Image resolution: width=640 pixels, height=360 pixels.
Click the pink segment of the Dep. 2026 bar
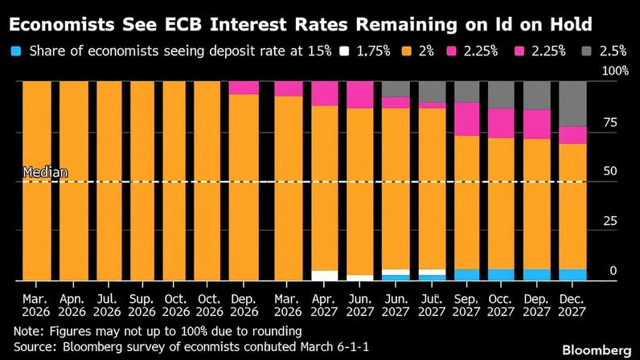point(244,88)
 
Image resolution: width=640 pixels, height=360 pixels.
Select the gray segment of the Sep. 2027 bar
point(466,92)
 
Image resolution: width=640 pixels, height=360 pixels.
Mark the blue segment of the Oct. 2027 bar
point(502,275)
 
